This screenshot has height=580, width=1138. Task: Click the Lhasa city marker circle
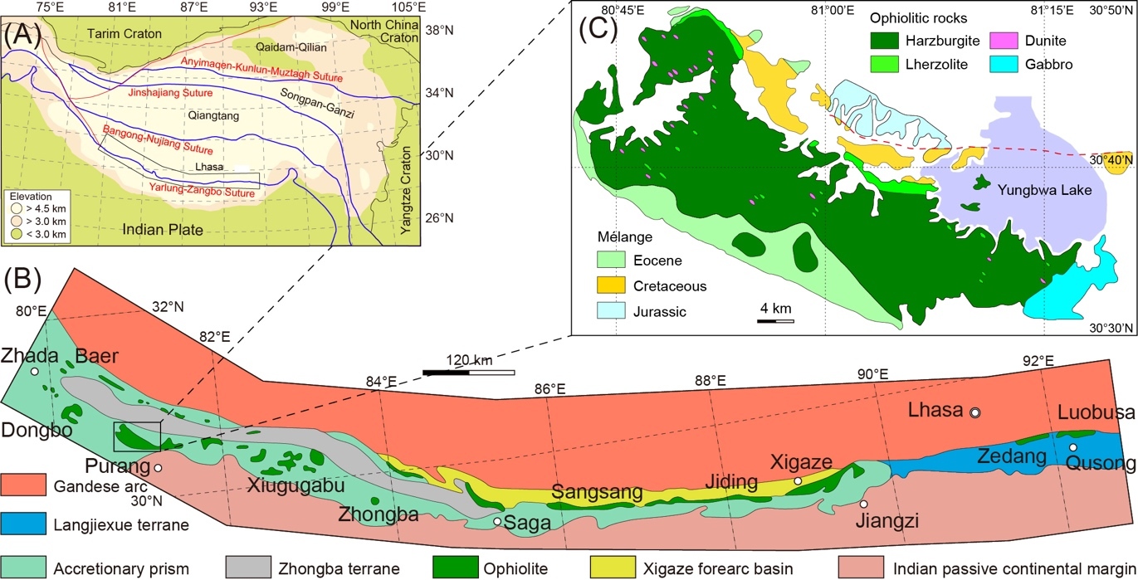975,412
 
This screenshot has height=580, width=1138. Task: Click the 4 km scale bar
776,320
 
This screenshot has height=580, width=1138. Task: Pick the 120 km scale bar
468,372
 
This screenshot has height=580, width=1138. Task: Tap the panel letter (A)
22,36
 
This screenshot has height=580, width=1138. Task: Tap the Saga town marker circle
496,521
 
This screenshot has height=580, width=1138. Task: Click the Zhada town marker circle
35,372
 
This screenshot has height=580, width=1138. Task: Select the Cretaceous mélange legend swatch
614,285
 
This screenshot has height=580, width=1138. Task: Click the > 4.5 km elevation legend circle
17,209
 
